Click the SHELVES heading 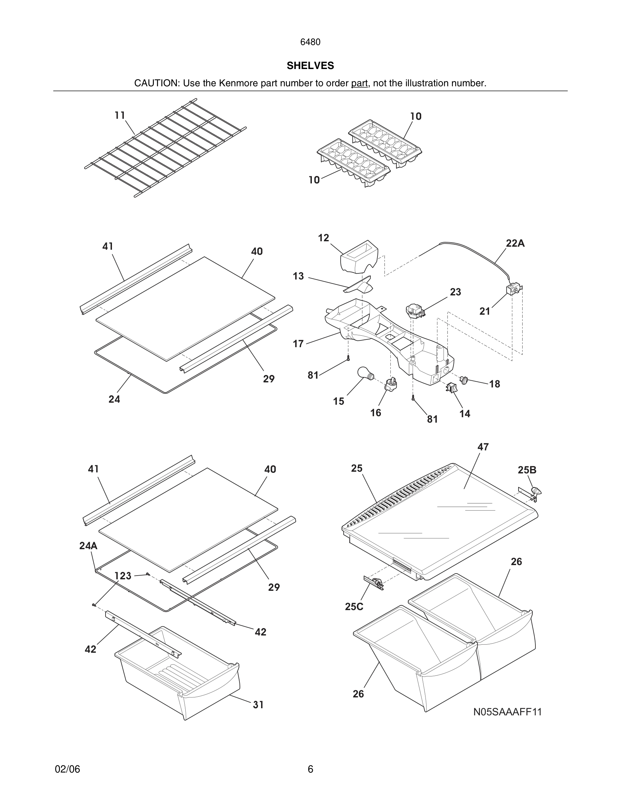[x=310, y=66]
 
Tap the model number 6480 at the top [x=310, y=42]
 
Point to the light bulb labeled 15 [x=365, y=374]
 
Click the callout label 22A [x=515, y=243]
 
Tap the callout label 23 [x=456, y=292]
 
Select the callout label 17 [x=298, y=344]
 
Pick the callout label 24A [x=88, y=545]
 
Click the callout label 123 [x=123, y=576]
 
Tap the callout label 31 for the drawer [x=258, y=705]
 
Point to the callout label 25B [x=527, y=470]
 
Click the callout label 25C [x=354, y=607]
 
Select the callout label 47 [x=483, y=447]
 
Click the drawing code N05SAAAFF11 [x=507, y=712]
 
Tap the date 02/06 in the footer [x=67, y=769]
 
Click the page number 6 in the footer [x=310, y=769]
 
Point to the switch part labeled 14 [x=451, y=388]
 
